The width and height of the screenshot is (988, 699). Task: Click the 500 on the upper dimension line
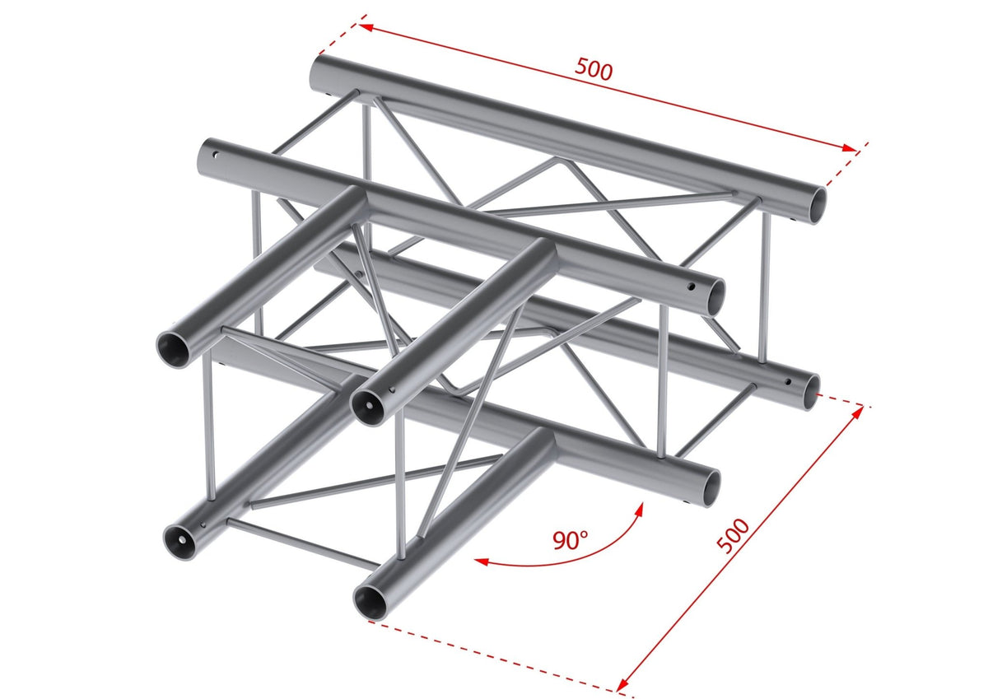pyautogui.click(x=594, y=70)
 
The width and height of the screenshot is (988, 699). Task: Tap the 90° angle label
pyautogui.click(x=571, y=541)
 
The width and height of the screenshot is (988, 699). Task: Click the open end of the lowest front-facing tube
pyautogui.click(x=373, y=599)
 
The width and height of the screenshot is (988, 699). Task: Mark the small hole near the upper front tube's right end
pyautogui.click(x=692, y=289)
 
